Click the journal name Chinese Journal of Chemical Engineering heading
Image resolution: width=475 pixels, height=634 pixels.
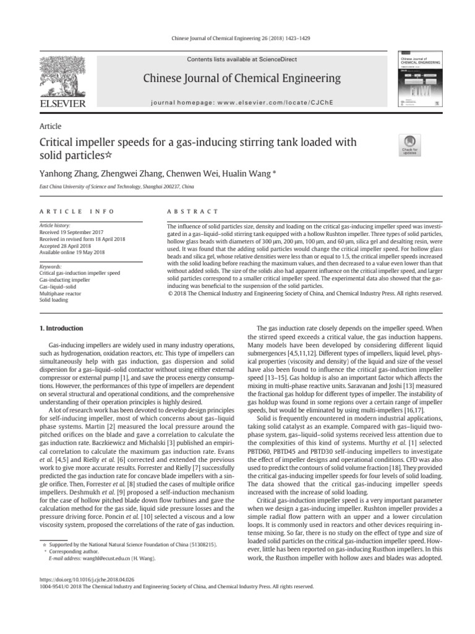242,78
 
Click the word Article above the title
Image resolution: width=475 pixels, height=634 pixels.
50,126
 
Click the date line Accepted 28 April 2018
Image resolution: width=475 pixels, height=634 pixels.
67,246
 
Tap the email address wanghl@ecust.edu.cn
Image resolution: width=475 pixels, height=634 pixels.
92,558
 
